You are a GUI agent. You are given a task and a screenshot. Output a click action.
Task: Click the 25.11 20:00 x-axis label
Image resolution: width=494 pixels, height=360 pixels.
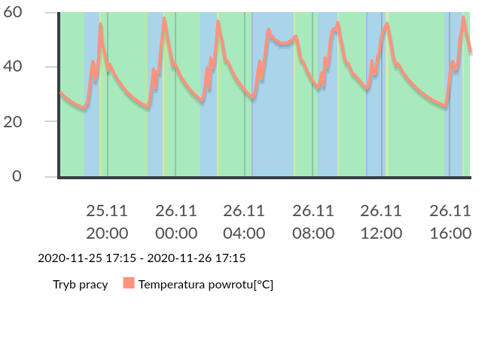[107, 221]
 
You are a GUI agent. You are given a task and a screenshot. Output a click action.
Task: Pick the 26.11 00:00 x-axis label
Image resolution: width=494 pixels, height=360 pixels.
[176, 221]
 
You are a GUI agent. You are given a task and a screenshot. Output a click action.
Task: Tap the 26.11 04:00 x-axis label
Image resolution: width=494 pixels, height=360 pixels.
[244, 221]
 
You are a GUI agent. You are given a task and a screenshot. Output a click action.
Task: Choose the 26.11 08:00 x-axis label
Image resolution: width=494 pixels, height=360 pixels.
[313, 221]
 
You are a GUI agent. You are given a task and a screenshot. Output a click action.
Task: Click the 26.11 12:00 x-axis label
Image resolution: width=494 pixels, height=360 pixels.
[381, 221]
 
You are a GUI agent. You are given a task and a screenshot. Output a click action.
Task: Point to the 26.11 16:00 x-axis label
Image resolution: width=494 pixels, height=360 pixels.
[450, 221]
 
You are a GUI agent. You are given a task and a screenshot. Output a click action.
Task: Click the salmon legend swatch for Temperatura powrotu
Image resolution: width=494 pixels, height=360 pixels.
[129, 284]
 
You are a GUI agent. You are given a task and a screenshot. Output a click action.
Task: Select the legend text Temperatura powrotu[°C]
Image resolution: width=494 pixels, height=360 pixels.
[206, 285]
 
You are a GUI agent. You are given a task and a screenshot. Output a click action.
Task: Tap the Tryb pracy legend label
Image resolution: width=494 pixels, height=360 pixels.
[81, 285]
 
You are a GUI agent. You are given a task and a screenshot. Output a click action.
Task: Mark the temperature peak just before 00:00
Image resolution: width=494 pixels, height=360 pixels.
[164, 18]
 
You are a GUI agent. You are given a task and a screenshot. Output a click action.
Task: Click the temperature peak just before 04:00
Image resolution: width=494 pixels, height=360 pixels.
[218, 22]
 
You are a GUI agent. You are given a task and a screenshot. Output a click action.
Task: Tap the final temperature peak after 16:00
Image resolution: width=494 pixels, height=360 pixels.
[464, 17]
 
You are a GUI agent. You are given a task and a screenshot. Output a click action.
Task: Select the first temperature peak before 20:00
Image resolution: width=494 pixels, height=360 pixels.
[100, 24]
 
